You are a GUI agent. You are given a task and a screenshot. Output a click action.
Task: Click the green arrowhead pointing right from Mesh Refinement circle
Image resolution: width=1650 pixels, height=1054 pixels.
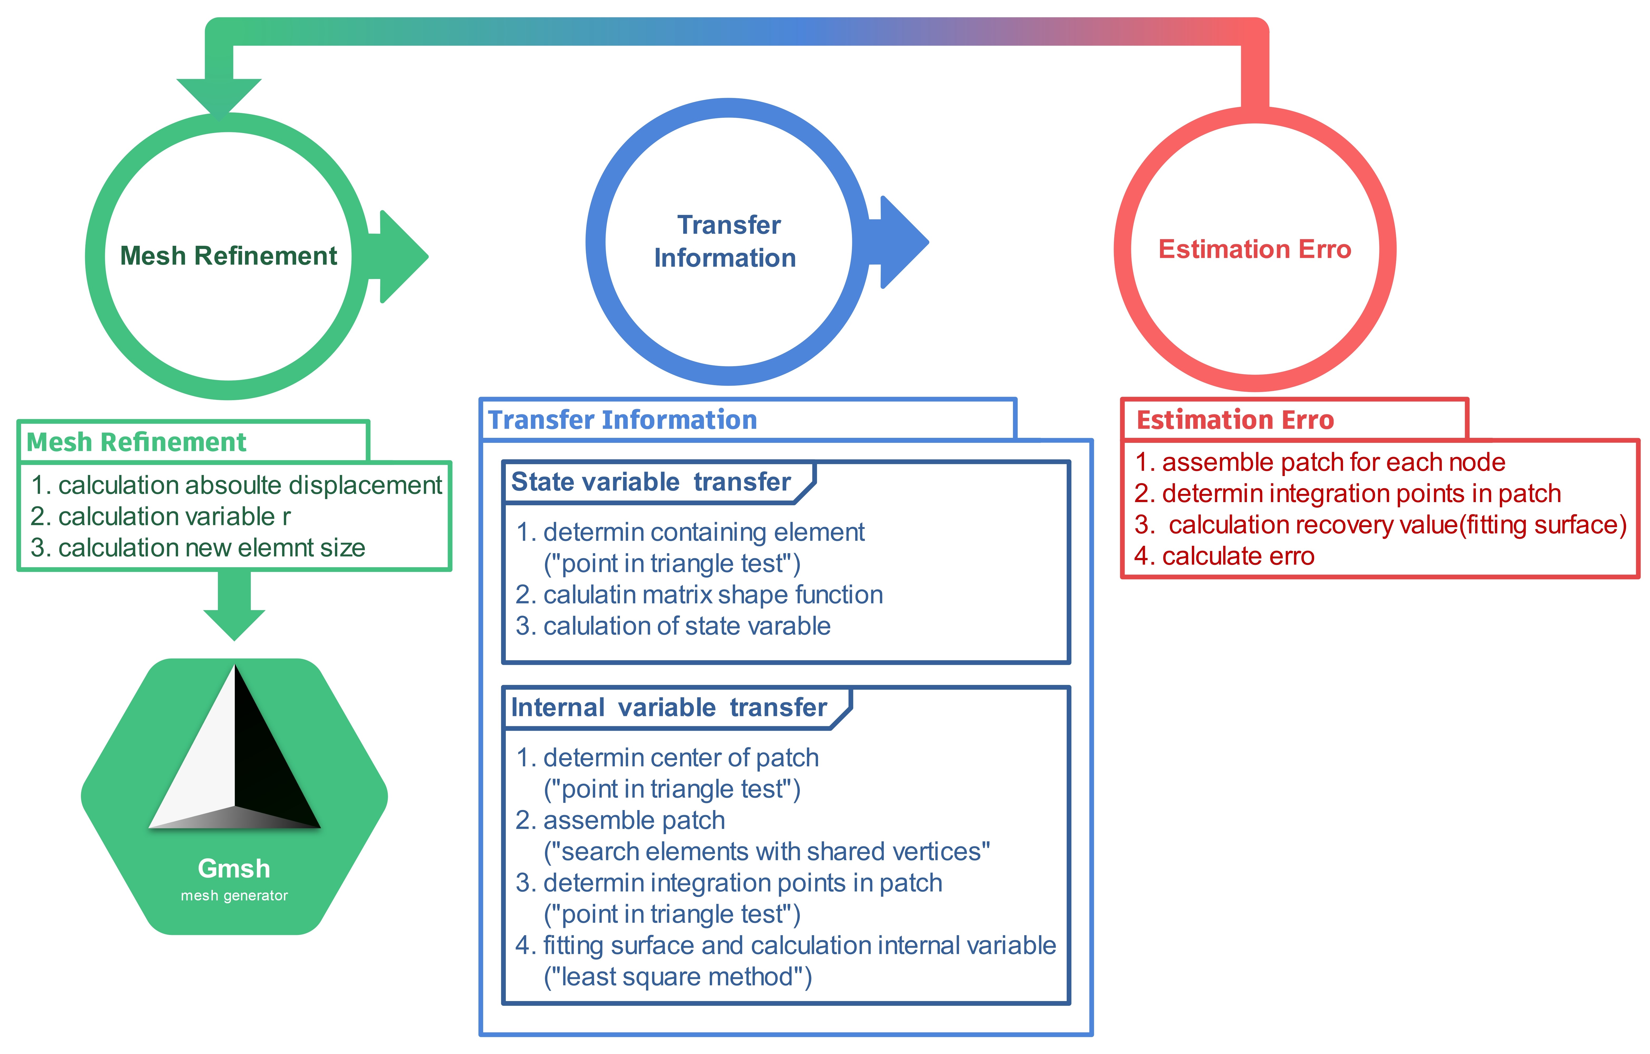[x=404, y=256]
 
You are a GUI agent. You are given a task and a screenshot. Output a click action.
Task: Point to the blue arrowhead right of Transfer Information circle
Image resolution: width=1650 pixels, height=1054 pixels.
[x=904, y=242]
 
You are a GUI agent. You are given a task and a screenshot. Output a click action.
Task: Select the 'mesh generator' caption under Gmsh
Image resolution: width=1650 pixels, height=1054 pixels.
[x=234, y=896]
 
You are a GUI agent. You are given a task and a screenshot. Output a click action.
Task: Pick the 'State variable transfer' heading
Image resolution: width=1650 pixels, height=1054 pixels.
[x=651, y=482]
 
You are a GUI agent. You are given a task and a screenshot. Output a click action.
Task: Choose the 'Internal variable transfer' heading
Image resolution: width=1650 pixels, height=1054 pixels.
[x=669, y=707]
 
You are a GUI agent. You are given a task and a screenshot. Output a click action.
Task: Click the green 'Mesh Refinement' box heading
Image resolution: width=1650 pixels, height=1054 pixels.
[x=136, y=442]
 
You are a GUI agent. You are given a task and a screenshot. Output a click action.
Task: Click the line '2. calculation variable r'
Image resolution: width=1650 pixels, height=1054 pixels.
[x=160, y=516]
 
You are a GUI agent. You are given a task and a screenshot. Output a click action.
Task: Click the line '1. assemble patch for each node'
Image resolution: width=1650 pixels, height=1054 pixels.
[x=1320, y=462]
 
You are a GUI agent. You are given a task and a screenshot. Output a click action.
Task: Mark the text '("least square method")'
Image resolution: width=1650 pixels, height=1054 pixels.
[x=678, y=977]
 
